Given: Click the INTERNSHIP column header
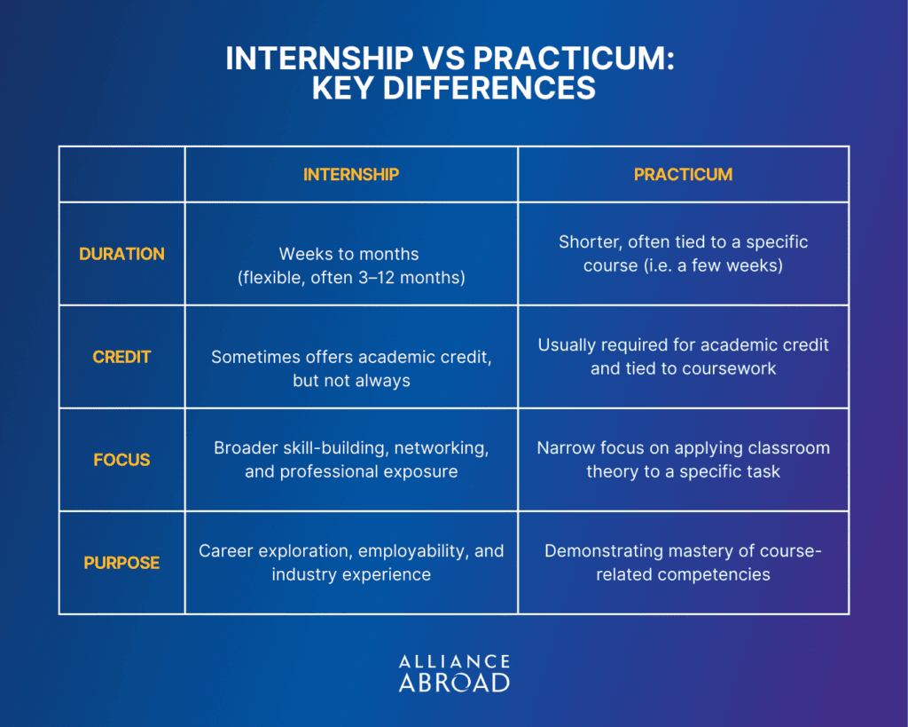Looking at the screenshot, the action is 351,175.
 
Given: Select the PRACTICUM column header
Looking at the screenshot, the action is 684,175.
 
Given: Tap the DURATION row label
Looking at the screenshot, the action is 121,254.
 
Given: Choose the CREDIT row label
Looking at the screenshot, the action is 121,357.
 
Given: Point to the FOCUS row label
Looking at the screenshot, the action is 121,460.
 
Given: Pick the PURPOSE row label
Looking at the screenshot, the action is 121,563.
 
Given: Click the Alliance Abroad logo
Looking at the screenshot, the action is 455,674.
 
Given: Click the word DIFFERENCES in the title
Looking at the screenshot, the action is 454,88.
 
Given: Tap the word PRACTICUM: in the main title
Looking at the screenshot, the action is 575,58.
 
